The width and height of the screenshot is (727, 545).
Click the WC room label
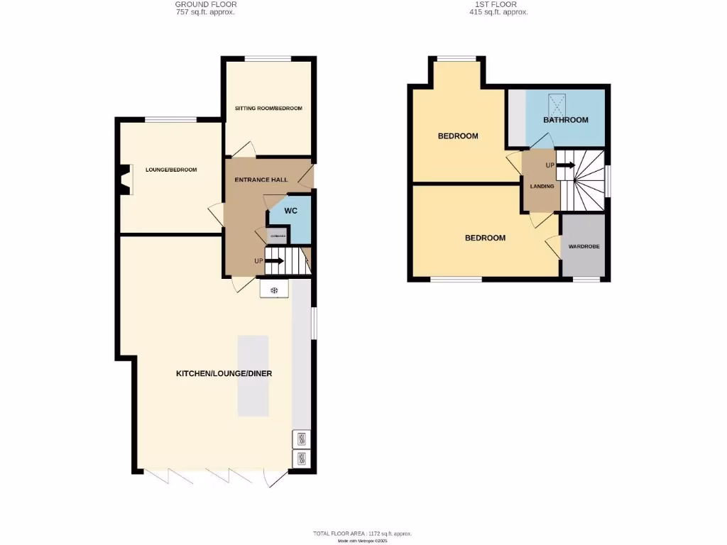[x=290, y=211]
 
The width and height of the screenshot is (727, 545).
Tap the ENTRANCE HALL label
[x=261, y=180]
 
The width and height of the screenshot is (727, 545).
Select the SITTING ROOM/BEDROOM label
[x=268, y=109]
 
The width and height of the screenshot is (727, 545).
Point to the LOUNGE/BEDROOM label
[x=171, y=170]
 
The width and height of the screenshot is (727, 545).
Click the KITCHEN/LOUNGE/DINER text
[x=224, y=373]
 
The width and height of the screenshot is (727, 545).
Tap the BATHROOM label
[x=566, y=120]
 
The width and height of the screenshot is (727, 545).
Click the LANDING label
[x=542, y=187]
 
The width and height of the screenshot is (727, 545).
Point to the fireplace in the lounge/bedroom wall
[x=126, y=180]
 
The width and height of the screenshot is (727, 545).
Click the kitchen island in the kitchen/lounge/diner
[x=253, y=375]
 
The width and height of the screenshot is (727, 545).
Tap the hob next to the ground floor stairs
[x=275, y=290]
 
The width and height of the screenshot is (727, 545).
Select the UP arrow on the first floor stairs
[x=565, y=165]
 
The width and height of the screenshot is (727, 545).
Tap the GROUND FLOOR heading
[x=206, y=4]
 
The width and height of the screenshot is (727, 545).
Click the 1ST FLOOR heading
[x=498, y=4]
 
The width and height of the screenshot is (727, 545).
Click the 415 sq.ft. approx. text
[x=498, y=12]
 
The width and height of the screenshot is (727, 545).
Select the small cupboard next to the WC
[x=277, y=236]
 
